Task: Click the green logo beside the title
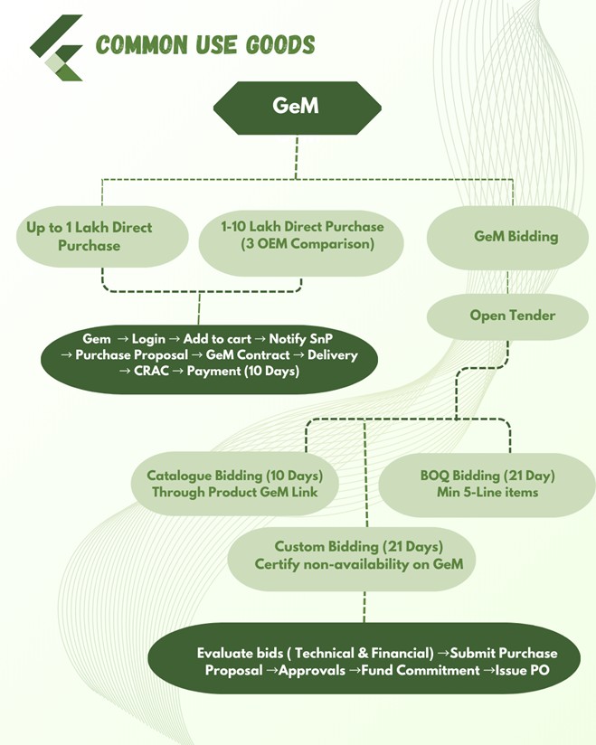pos(56,47)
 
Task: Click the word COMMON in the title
pos(137,45)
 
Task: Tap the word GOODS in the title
pos(281,45)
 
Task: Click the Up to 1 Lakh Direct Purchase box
pos(89,237)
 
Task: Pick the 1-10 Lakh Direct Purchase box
pos(302,236)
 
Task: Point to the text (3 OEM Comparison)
pos(302,245)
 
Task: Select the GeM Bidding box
pos(516,237)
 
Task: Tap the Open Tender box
pos(512,316)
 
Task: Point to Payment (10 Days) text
pos(242,372)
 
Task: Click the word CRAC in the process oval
pos(156,372)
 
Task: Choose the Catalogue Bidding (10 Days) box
pos(235,485)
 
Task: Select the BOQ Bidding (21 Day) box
pos(487,485)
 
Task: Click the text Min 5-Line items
pos(487,494)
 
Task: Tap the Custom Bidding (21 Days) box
pos(358,556)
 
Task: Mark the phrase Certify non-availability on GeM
pos(358,565)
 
